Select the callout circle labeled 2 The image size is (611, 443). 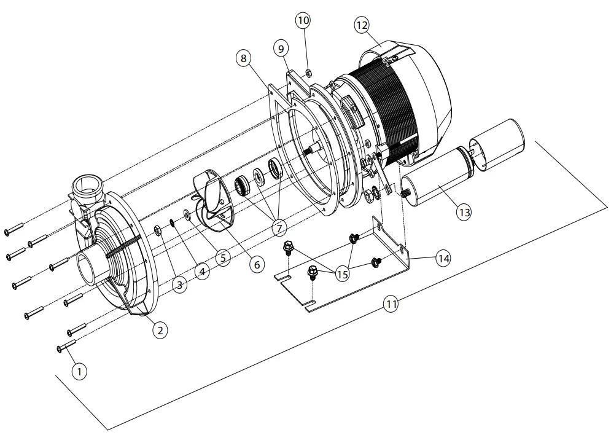pyautogui.click(x=160, y=330)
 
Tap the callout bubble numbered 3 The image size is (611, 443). pyautogui.click(x=180, y=284)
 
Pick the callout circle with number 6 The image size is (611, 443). pyautogui.click(x=256, y=264)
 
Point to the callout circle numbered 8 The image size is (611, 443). pyautogui.click(x=243, y=58)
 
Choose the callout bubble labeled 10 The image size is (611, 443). pyautogui.click(x=303, y=20)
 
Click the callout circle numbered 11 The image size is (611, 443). pyautogui.click(x=391, y=303)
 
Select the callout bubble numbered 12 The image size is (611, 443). pyautogui.click(x=362, y=25)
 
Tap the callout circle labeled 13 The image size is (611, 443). pyautogui.click(x=464, y=212)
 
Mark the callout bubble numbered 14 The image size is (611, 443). pyautogui.click(x=443, y=258)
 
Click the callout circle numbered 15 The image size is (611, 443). pyautogui.click(x=342, y=274)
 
